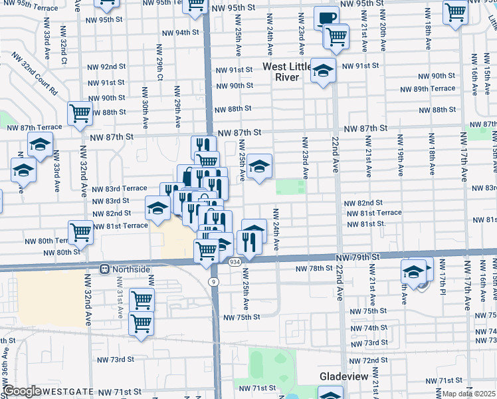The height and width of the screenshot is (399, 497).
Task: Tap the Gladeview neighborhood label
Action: pyautogui.click(x=344, y=376)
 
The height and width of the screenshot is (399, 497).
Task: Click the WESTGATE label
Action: pyautogui.click(x=70, y=392)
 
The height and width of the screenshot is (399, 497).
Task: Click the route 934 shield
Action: pyautogui.click(x=235, y=263)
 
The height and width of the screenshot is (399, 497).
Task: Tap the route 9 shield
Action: pyautogui.click(x=213, y=281)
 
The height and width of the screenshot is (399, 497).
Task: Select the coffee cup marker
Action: pyautogui.click(x=326, y=18)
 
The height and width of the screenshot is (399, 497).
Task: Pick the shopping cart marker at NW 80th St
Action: pyautogui.click(x=80, y=232)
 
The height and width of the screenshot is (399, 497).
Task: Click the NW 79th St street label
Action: pyautogui.click(x=357, y=257)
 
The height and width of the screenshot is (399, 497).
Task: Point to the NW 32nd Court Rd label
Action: pyautogui.click(x=34, y=78)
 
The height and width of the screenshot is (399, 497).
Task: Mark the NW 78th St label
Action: pyautogui.click(x=313, y=268)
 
